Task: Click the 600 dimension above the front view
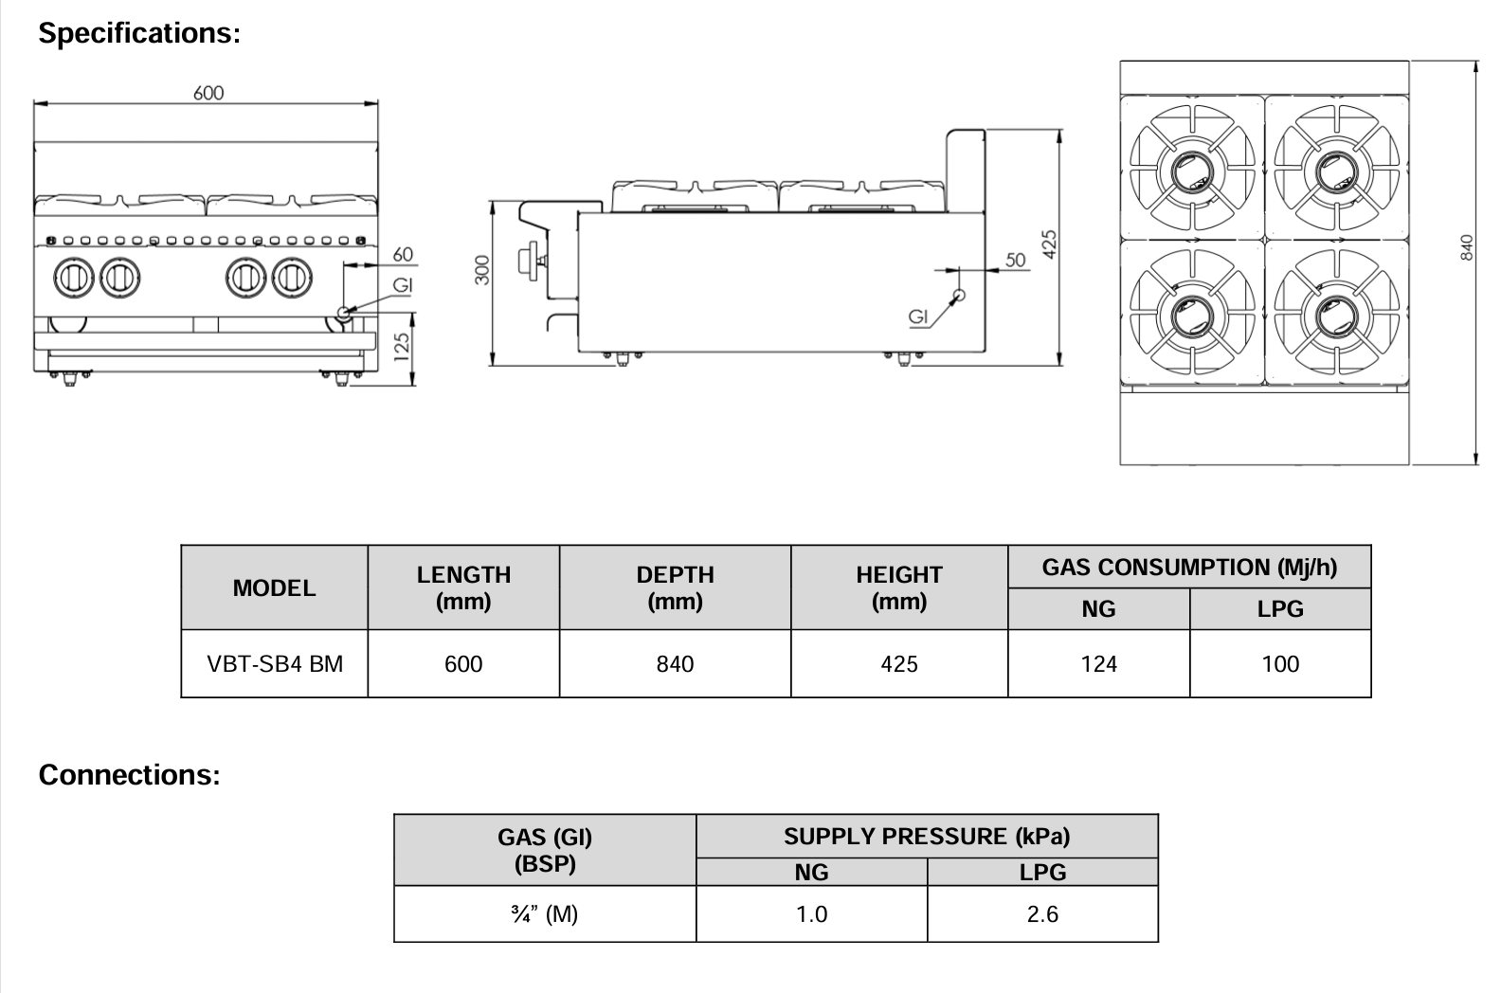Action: (208, 93)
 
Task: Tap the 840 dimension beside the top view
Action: (1467, 247)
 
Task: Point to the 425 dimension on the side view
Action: (1049, 244)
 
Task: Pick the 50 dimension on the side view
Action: (1015, 260)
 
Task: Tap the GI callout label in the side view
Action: (917, 317)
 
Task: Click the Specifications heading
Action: (139, 33)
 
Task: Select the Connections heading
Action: (129, 775)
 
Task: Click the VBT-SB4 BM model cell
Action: (275, 664)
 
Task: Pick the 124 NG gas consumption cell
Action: (1098, 664)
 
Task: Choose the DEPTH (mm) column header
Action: (675, 587)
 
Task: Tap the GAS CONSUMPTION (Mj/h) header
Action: (1189, 568)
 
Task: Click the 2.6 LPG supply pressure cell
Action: (1042, 914)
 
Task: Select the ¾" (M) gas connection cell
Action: (545, 914)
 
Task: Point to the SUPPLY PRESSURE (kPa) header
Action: (927, 837)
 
